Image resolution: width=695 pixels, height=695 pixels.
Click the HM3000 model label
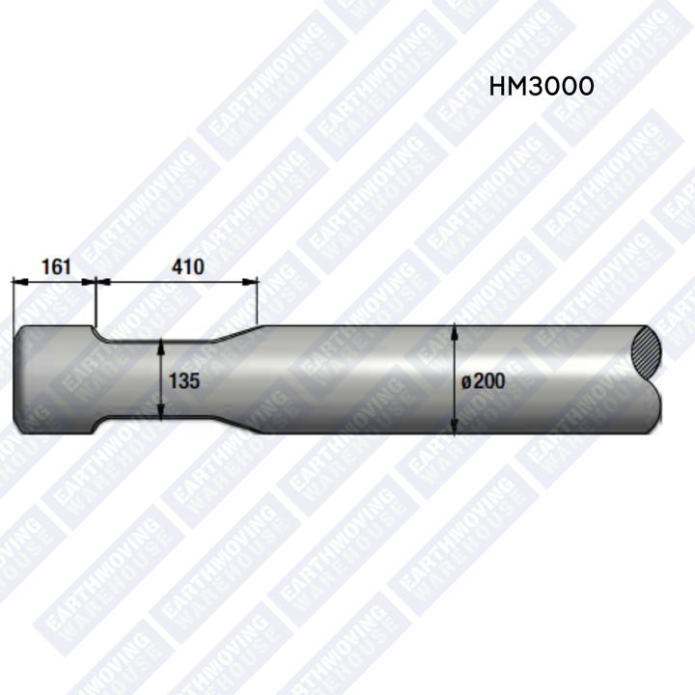pos(542,86)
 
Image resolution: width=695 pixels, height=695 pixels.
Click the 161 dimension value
pos(56,266)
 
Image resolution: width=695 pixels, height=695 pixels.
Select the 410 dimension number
pos(188,266)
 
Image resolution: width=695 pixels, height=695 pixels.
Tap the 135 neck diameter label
pos(184,380)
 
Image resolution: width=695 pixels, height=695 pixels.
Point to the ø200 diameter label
pos(484,380)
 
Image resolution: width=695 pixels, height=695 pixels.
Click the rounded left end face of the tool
pos(18,380)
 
